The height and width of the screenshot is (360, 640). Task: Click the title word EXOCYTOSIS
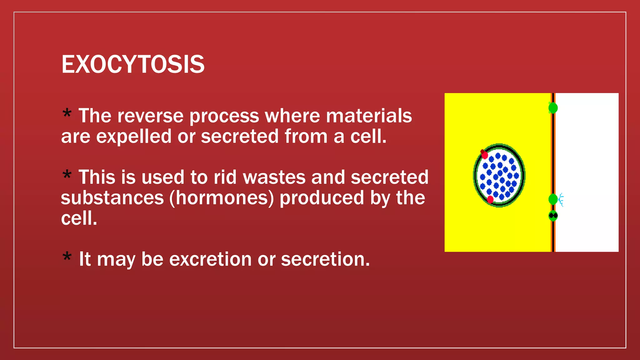pos(133,64)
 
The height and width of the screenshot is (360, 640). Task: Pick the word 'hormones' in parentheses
pos(222,198)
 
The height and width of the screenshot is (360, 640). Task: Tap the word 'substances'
pos(112,198)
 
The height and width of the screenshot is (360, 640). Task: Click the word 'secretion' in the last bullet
pos(325,259)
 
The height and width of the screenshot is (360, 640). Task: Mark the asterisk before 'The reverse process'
pos(67,113)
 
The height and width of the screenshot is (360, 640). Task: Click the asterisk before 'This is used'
pos(67,174)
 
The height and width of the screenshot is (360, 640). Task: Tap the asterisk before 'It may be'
pos(67,257)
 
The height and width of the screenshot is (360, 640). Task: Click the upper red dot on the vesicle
pos(484,155)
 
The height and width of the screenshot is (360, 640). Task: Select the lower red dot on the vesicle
pos(490,199)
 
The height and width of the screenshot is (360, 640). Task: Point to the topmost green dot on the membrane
pos(553,108)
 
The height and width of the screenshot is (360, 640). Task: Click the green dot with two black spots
pos(553,216)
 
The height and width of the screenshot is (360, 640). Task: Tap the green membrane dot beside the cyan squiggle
pos(552,199)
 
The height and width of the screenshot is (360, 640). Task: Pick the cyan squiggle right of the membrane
pos(561,200)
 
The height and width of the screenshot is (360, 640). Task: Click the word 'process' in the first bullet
pos(224,116)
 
